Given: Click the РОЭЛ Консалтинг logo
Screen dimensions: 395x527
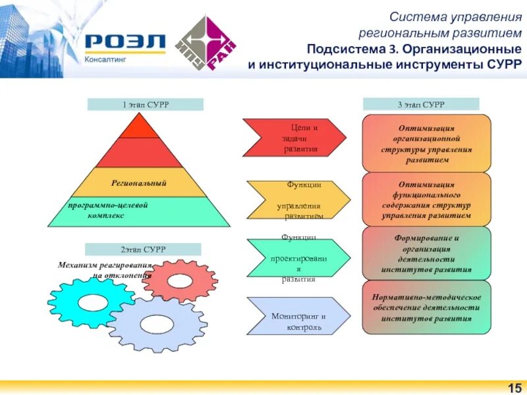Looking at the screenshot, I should point(125,47).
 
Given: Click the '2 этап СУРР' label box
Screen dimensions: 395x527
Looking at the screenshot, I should point(142,249).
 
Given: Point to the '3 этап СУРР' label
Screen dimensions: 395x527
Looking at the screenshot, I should point(421,104).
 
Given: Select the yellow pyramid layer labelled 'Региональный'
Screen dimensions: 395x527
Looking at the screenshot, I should point(138,182).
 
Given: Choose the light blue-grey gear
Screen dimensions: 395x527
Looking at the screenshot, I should point(157,324).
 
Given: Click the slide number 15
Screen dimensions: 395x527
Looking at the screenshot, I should point(513,386).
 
